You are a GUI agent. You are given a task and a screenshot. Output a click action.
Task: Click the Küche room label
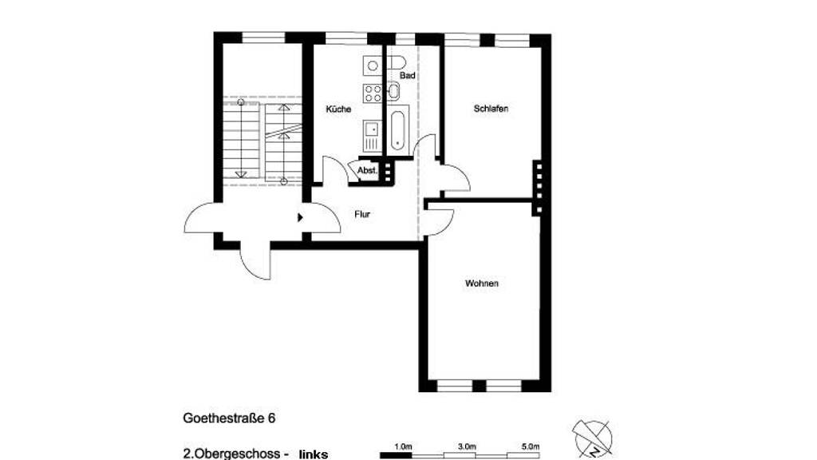coord(338,109)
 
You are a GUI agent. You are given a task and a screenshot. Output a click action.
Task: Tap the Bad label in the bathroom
coord(408,76)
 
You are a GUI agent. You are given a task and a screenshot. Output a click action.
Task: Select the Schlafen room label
coord(491,109)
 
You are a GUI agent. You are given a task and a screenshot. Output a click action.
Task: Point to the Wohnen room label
coord(481,284)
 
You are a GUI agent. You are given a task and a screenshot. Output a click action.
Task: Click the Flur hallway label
coord(362,214)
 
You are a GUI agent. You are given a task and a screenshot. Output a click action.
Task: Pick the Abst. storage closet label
coord(367,171)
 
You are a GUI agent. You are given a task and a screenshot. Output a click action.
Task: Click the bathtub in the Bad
coord(397,130)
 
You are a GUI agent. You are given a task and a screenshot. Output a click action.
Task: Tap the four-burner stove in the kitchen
coord(373,93)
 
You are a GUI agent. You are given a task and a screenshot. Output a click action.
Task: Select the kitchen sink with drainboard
coord(373,136)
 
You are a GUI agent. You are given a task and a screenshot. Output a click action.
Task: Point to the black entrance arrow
coord(300,217)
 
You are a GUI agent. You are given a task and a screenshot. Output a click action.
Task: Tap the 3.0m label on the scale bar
coord(467,446)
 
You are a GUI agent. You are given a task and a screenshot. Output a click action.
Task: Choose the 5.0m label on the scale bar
coord(531,446)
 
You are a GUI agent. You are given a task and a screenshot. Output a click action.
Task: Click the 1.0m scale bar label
coord(403,446)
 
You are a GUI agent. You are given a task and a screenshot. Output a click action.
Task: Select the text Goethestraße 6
coord(229,418)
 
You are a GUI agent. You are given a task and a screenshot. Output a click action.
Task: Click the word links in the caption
coord(314,454)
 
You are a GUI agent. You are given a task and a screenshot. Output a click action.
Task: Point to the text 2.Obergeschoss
coord(232,454)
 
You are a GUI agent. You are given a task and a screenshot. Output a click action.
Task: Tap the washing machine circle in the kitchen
coord(373,65)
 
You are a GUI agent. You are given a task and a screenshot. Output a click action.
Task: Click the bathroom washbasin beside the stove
coord(393,93)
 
